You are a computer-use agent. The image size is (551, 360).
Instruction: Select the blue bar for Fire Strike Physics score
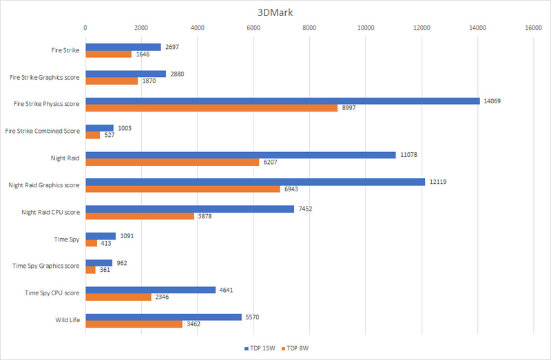point(282,100)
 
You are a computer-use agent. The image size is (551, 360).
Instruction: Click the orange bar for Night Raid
point(172,162)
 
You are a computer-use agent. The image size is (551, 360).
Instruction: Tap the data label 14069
point(493,100)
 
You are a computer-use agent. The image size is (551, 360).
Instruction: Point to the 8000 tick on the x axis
point(309,28)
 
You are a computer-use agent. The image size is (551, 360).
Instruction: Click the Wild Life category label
point(67,319)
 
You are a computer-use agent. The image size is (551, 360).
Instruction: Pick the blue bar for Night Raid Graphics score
point(255,181)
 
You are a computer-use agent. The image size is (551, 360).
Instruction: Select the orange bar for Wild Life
point(134,324)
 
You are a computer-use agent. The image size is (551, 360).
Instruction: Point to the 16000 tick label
point(533,28)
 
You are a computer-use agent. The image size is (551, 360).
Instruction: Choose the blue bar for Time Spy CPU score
point(150,290)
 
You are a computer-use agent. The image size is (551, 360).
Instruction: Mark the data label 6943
point(290,189)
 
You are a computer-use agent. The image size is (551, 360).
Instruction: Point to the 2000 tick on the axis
point(141,28)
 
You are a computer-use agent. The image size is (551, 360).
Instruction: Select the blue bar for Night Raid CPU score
point(189,209)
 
